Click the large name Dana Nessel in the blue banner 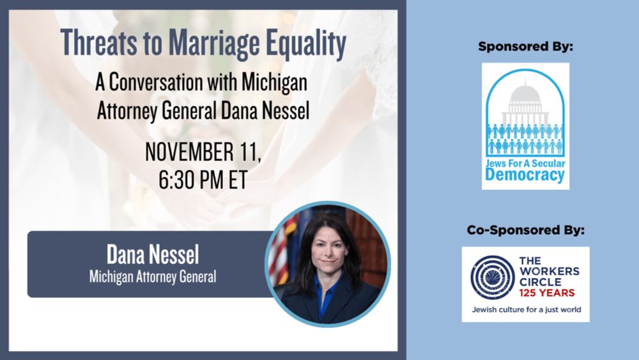[153, 254]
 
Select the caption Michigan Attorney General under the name [153, 277]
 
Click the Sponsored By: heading [526, 47]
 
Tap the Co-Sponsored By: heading [526, 230]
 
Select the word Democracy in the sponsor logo [525, 176]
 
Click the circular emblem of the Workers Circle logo [492, 278]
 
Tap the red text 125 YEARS [547, 293]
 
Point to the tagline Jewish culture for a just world [527, 309]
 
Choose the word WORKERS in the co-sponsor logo [550, 272]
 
